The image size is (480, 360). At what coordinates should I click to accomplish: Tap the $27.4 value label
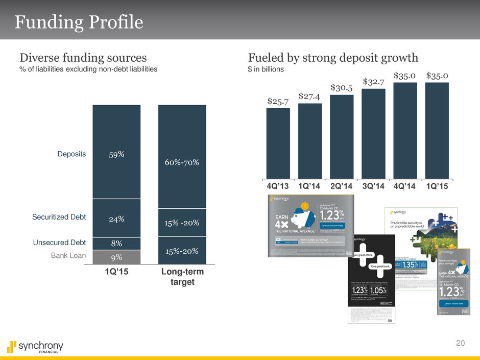[309, 96]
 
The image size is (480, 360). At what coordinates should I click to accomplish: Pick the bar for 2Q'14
[342, 135]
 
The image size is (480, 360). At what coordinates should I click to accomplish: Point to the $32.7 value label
[373, 81]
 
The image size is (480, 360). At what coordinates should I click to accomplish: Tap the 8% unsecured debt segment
[116, 244]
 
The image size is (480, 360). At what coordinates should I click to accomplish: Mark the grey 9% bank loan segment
[116, 257]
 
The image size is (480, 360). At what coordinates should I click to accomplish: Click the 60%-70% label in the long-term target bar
[182, 162]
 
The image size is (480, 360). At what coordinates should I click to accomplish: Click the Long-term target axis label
[182, 277]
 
